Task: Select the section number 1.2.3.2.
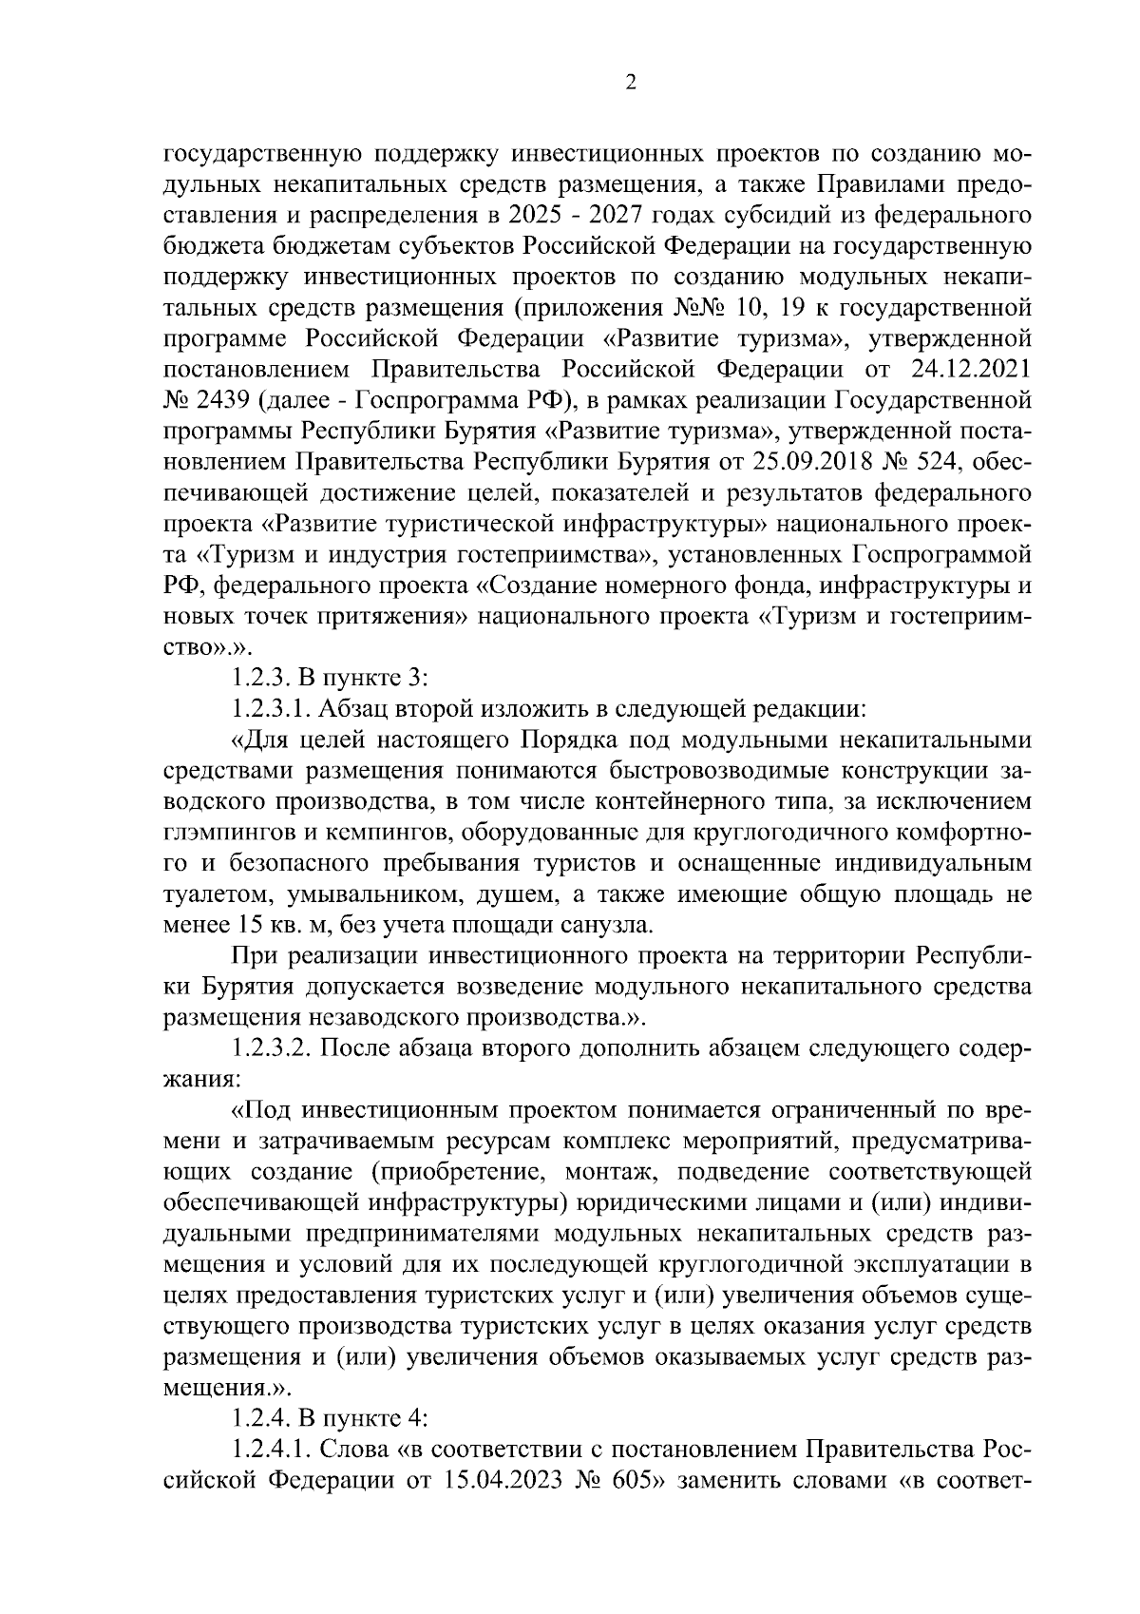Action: click(x=270, y=1048)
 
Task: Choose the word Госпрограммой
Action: click(x=941, y=554)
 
